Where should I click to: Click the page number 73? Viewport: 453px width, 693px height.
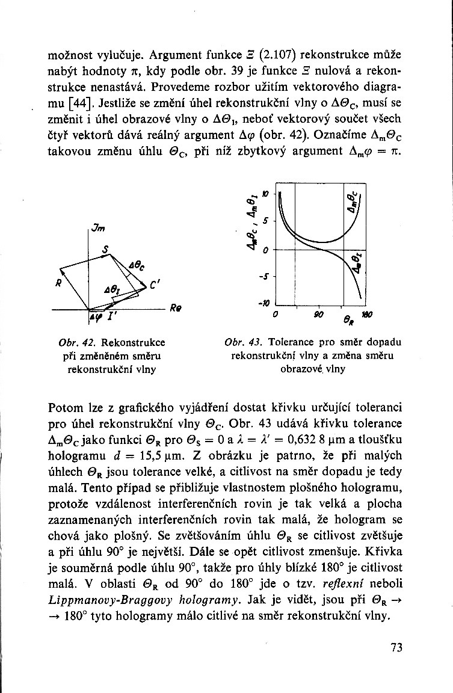coord(396,647)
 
